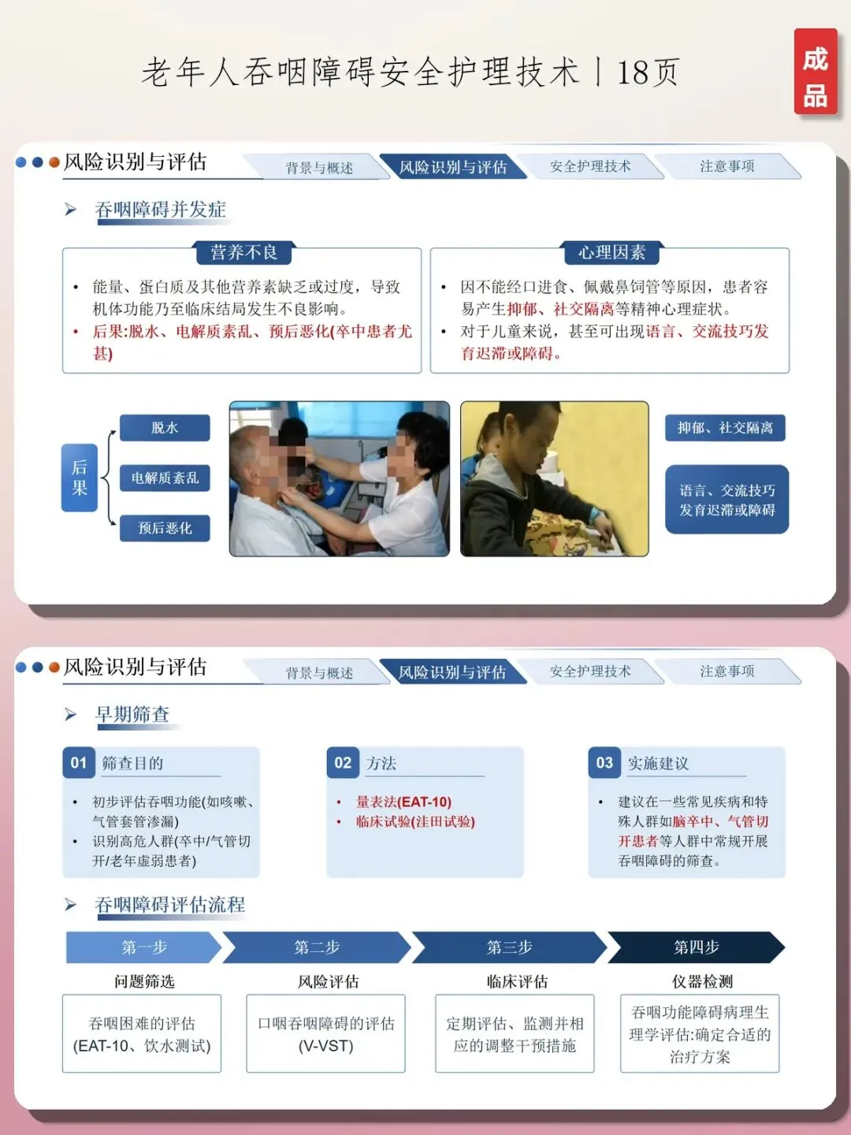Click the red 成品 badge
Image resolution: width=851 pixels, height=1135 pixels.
(816, 72)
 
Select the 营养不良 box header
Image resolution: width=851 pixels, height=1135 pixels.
(243, 252)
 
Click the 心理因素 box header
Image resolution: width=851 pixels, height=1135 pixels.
(611, 252)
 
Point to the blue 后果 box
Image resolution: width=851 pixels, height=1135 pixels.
(79, 478)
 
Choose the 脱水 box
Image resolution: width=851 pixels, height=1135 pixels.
(165, 428)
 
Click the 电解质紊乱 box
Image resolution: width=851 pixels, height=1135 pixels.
(165, 478)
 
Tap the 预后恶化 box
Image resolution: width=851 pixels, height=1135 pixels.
(165, 528)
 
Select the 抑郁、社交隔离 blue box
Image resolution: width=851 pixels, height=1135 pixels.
(725, 428)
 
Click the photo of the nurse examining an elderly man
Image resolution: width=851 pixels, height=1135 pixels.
(340, 478)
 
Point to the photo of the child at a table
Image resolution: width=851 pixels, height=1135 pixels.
(555, 478)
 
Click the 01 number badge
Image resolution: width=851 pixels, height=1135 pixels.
(79, 763)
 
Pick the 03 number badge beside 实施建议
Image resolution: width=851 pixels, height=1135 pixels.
(604, 763)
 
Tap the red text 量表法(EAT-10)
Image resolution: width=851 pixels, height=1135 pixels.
(403, 802)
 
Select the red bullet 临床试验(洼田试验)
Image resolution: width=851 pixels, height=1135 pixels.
(406, 821)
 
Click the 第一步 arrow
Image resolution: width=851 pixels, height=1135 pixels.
(143, 947)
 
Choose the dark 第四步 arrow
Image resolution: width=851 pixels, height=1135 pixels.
(696, 947)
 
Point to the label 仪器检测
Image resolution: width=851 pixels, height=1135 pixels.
(702, 981)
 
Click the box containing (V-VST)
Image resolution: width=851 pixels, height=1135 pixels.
(325, 1033)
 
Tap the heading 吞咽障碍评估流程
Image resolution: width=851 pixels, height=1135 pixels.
(170, 905)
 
